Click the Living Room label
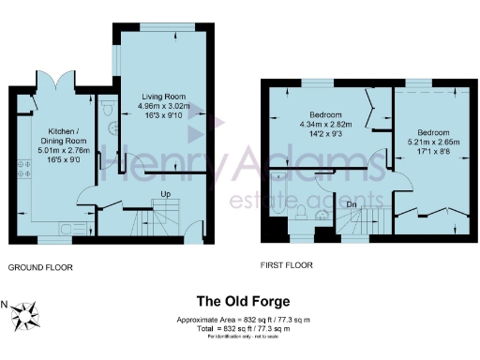click(164, 97)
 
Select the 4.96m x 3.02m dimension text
click(164, 107)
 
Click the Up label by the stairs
click(166, 195)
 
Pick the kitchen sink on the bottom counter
click(67, 226)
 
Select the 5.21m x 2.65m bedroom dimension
click(434, 142)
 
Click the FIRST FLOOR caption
click(287, 266)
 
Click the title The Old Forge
click(242, 302)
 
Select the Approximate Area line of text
click(242, 320)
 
